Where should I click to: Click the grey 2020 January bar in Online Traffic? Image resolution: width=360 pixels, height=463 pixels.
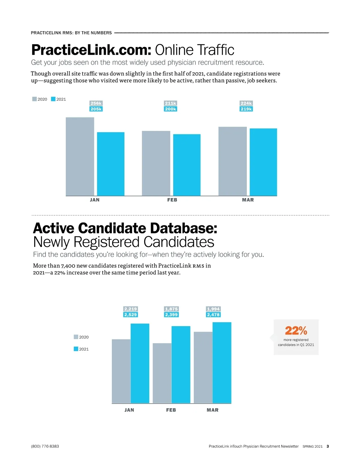pyautogui.click(x=80, y=157)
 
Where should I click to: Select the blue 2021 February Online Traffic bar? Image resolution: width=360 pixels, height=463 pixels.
pyautogui.click(x=187, y=165)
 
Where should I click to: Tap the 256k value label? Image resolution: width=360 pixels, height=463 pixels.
pyautogui.click(x=96, y=103)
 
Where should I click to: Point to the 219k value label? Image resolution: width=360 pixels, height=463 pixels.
pyautogui.click(x=246, y=109)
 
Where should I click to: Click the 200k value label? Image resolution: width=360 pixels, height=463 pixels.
pyautogui.click(x=170, y=109)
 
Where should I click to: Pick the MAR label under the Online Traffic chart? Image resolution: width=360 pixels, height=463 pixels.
pyautogui.click(x=248, y=200)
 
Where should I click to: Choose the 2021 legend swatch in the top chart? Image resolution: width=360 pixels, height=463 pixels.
pyautogui.click(x=53, y=99)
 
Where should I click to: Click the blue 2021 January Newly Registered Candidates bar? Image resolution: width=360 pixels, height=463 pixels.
pyautogui.click(x=140, y=363)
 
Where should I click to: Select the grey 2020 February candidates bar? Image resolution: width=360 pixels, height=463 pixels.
pyautogui.click(x=162, y=373)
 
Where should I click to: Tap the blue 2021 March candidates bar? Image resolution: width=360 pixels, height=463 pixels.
pyautogui.click(x=222, y=362)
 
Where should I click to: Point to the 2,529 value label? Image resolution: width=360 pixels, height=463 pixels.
pyautogui.click(x=130, y=315)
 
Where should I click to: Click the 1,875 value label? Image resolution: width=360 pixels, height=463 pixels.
pyautogui.click(x=171, y=309)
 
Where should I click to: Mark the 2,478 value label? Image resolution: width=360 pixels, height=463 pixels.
pyautogui.click(x=213, y=315)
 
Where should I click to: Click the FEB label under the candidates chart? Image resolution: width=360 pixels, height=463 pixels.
pyautogui.click(x=171, y=410)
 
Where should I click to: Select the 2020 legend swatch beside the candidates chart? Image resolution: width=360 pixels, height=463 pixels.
pyautogui.click(x=76, y=337)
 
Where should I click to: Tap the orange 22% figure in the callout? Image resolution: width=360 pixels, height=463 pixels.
pyautogui.click(x=296, y=331)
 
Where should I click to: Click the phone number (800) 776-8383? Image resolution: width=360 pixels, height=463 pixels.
pyautogui.click(x=45, y=446)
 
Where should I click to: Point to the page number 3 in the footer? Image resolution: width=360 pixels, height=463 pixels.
pyautogui.click(x=328, y=446)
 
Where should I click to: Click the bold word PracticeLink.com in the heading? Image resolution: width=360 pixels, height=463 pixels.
pyautogui.click(x=91, y=50)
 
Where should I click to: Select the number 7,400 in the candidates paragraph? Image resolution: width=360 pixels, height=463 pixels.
pyautogui.click(x=68, y=266)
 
